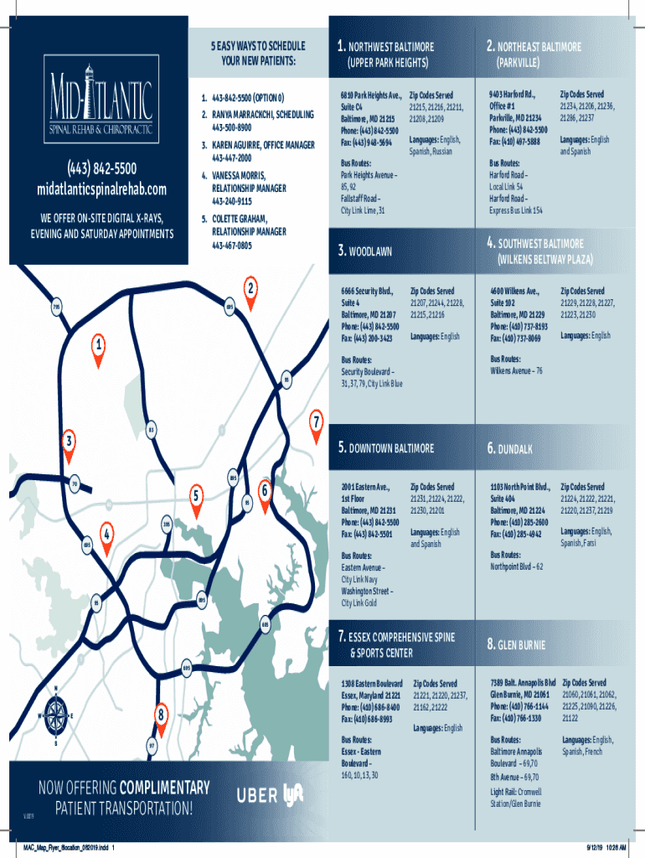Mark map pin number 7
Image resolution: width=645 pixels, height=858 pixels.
tap(316, 421)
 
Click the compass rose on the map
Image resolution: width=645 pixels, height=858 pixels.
tap(56, 716)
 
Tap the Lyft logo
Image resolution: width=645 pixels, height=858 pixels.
tap(294, 793)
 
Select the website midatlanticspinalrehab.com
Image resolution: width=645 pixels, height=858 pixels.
tap(101, 189)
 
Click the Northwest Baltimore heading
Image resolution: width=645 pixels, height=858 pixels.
tap(385, 48)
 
